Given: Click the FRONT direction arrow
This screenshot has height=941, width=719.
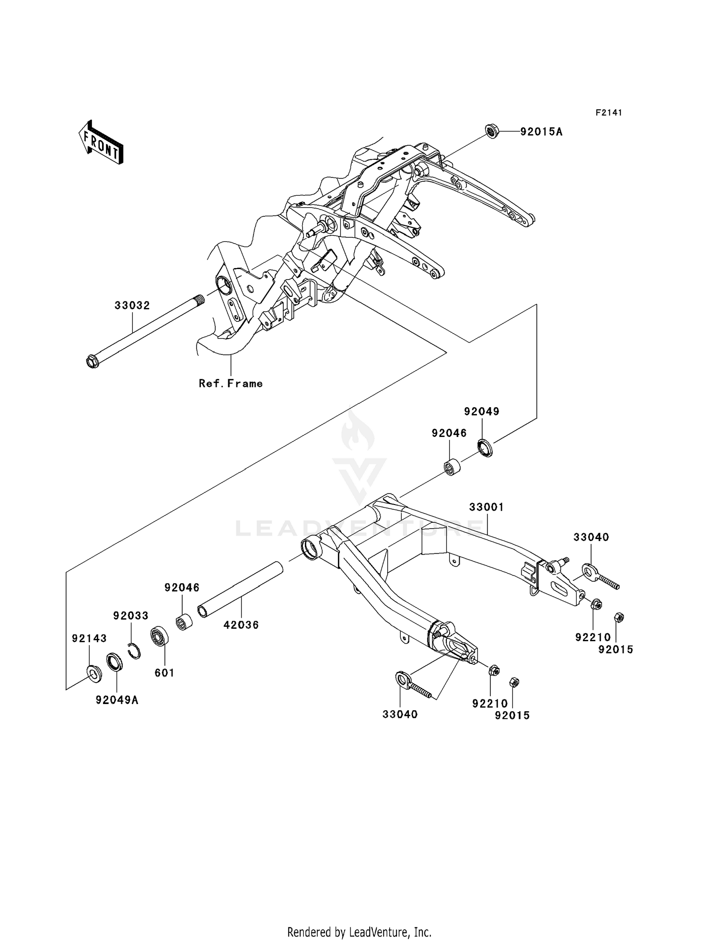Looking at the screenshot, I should click(102, 143).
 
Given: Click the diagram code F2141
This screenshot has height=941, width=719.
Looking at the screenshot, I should click(608, 113).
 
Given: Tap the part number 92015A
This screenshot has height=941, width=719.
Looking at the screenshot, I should click(541, 131).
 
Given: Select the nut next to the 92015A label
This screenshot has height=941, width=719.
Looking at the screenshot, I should click(492, 131).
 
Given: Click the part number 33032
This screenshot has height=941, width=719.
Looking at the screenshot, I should click(132, 305).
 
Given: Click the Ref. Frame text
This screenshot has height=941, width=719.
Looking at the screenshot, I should click(231, 383).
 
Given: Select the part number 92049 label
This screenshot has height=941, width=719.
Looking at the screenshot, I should click(481, 412).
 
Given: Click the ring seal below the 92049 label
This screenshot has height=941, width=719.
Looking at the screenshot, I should click(485, 447).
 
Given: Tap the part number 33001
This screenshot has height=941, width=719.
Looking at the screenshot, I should click(486, 507).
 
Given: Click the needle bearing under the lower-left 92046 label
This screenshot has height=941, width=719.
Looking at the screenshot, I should click(185, 623).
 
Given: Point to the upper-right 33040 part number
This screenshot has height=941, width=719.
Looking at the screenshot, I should click(591, 537).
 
